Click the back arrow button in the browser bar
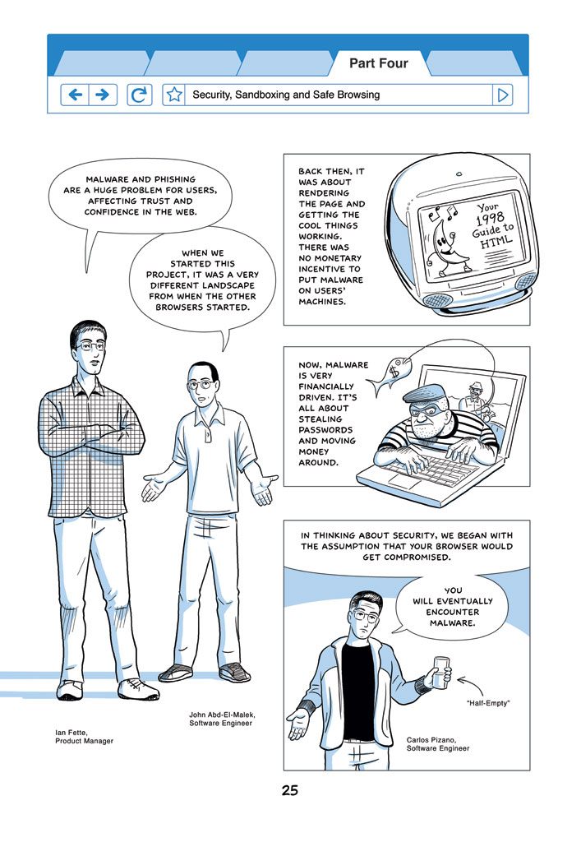[x=75, y=95]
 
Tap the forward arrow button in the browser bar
[x=103, y=95]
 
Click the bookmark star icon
[x=174, y=95]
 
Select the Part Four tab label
[x=379, y=63]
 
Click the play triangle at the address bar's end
[x=502, y=95]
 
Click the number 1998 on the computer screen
[x=489, y=219]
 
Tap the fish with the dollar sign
[x=390, y=373]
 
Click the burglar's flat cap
[x=428, y=394]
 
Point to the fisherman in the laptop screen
[x=477, y=400]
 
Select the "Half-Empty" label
[x=487, y=703]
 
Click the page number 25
[x=290, y=790]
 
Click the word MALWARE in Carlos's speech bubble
[x=452, y=623]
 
